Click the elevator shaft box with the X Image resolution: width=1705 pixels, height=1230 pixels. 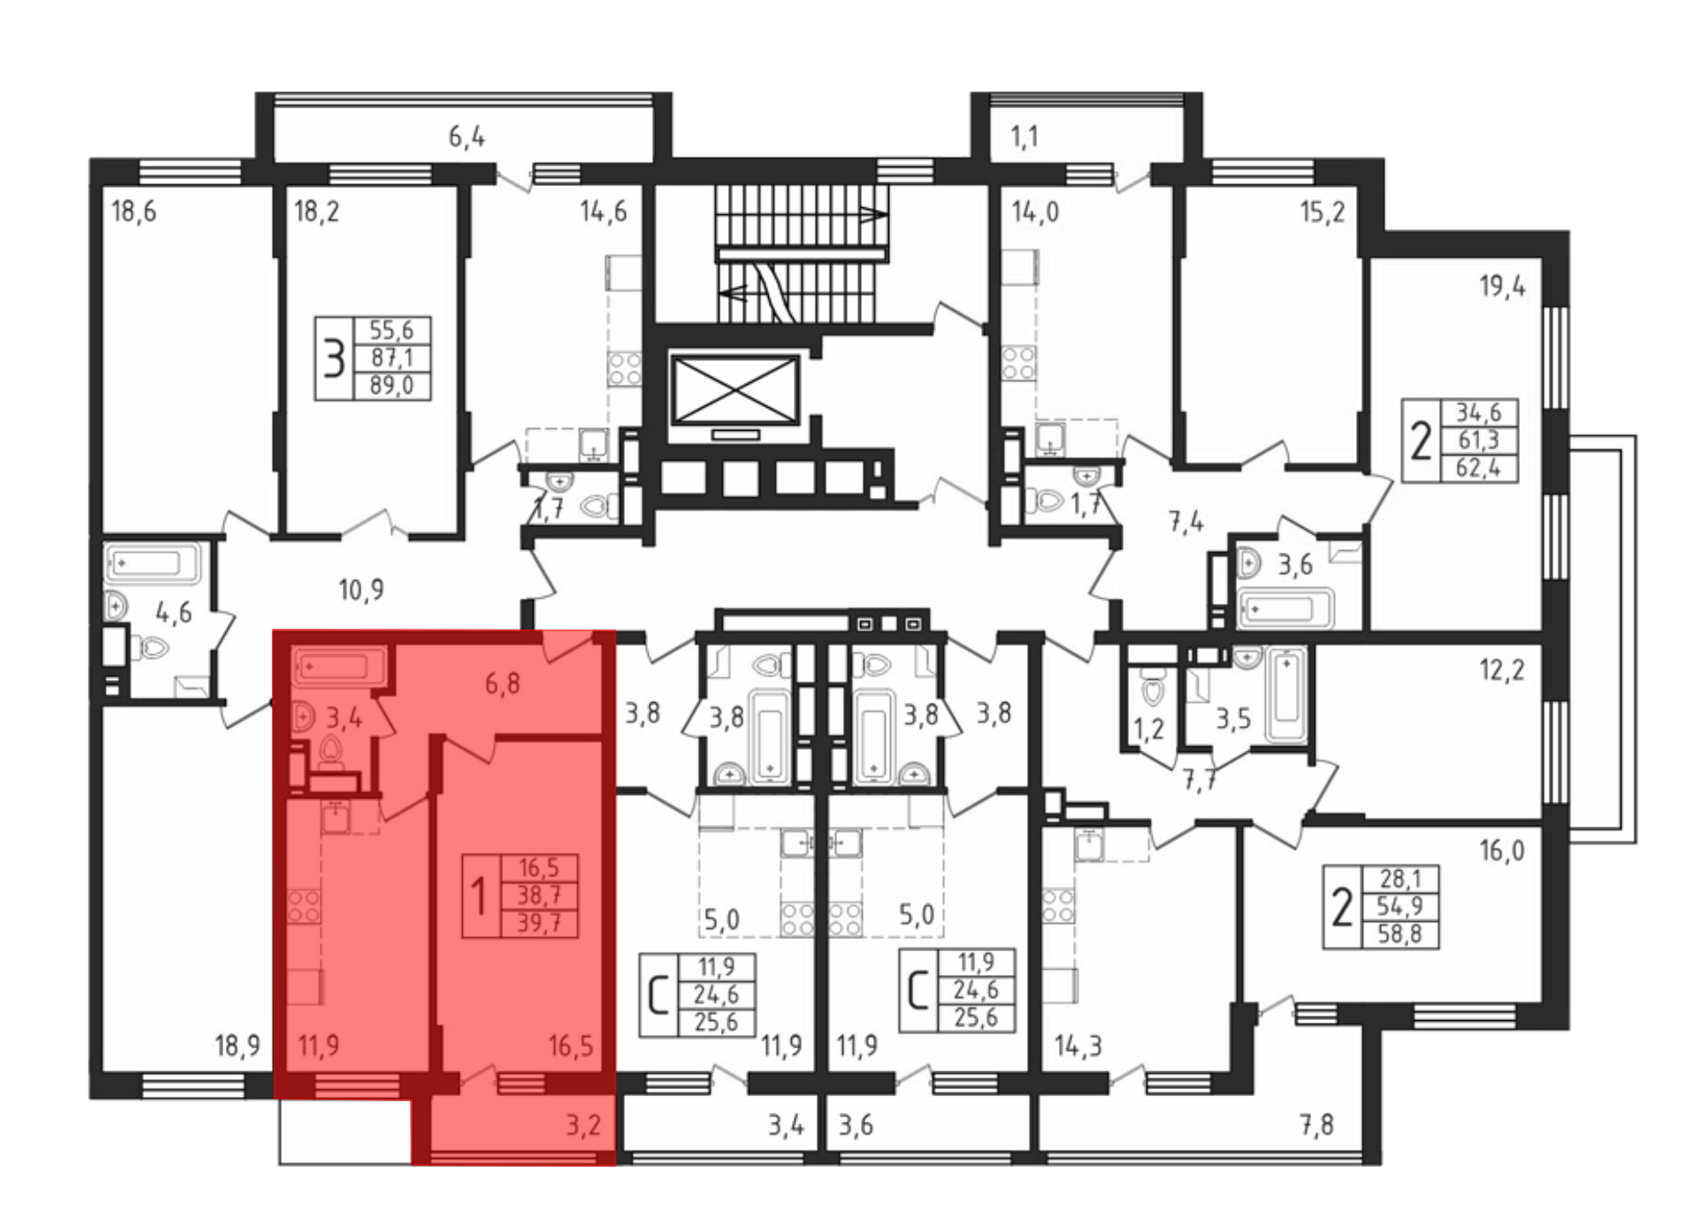[x=736, y=390]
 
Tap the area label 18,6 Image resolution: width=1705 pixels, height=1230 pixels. [x=134, y=211]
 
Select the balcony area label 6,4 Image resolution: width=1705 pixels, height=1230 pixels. [x=466, y=136]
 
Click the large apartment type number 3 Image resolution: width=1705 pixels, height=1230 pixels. [x=333, y=358]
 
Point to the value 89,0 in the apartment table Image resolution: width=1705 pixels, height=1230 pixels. [x=391, y=386]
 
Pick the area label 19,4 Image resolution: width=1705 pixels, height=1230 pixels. [x=1502, y=286]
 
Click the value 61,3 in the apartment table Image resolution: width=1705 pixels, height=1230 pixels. [x=1478, y=440]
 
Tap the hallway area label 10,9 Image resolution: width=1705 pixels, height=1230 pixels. [x=361, y=589]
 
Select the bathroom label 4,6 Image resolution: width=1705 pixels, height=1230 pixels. [x=173, y=612]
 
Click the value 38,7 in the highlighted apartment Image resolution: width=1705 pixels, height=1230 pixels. [x=539, y=896]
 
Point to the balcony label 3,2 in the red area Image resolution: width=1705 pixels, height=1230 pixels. [x=584, y=1125]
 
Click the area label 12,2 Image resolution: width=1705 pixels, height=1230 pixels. [x=1502, y=670]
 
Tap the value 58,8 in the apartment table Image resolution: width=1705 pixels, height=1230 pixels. [x=1400, y=933]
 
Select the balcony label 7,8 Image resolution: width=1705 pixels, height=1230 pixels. [x=1316, y=1125]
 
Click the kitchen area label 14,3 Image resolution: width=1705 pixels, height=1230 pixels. [x=1078, y=1046]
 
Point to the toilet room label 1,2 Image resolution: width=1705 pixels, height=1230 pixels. [x=1148, y=730]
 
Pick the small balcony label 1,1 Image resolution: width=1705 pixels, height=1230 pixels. [x=1025, y=136]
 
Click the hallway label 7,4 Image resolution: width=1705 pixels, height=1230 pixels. [x=1186, y=521]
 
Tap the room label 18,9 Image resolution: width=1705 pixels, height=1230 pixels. [x=237, y=1046]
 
